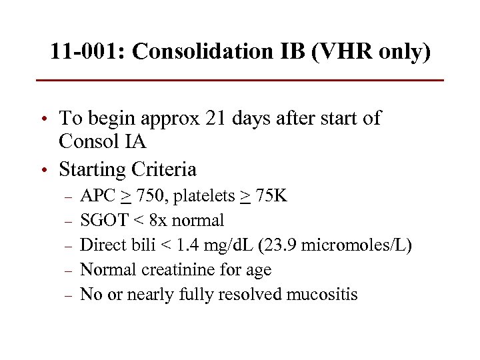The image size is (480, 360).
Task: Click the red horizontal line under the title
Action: click(x=240, y=80)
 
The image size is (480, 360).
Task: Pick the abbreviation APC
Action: click(x=98, y=196)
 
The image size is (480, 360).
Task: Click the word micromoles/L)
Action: click(x=357, y=245)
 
